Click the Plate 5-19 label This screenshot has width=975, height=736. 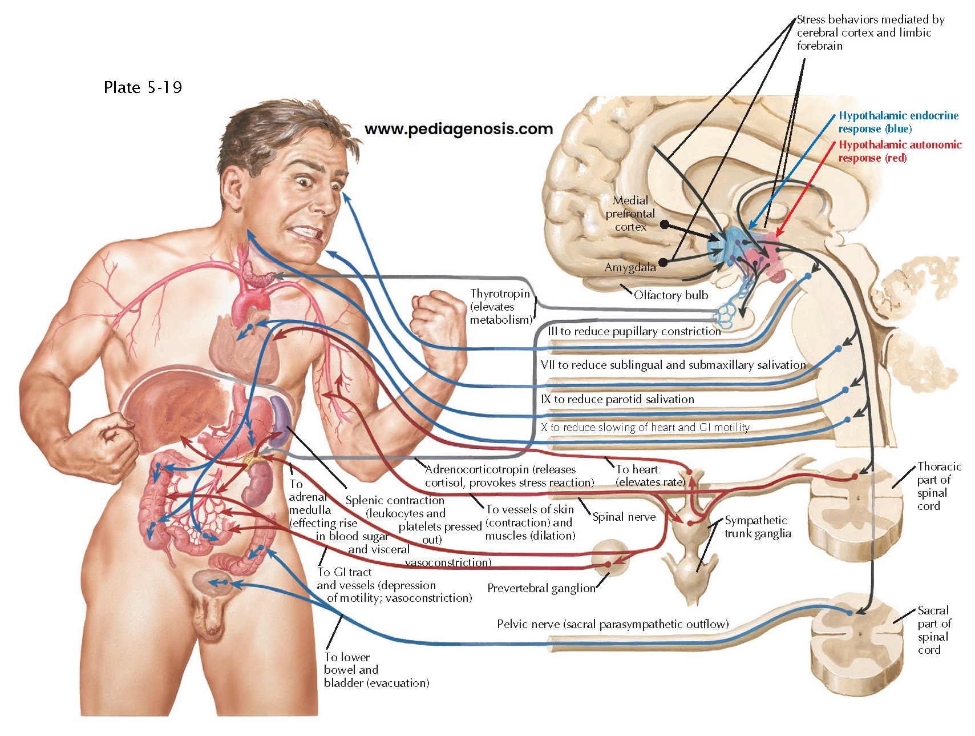143,87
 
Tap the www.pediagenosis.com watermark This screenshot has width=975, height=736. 459,129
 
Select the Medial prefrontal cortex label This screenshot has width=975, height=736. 630,214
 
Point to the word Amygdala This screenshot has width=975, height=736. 630,267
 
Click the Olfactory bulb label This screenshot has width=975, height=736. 670,295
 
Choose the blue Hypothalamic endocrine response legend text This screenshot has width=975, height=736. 898,122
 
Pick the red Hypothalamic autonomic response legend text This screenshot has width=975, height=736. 900,151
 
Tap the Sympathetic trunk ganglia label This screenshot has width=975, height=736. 758,527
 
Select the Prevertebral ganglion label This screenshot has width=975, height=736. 541,588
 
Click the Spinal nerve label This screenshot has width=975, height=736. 624,517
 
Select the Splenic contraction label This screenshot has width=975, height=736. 395,501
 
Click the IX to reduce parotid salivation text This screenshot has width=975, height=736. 617,399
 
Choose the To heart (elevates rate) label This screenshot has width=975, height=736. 649,476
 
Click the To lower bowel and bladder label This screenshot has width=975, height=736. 375,670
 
